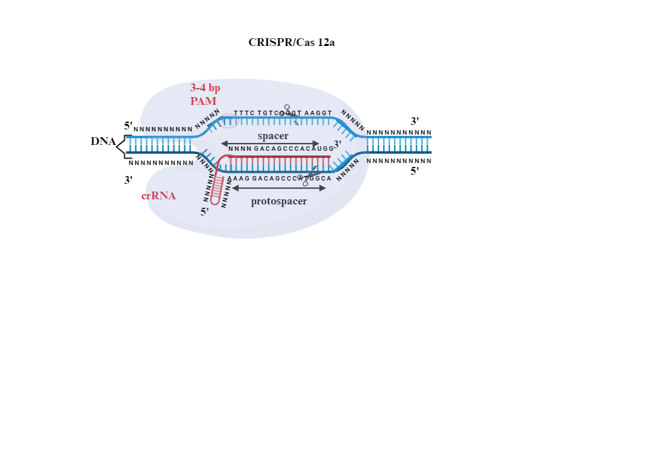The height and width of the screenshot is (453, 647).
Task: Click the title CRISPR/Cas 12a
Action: pos(291,43)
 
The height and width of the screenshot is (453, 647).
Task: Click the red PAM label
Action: pos(203,101)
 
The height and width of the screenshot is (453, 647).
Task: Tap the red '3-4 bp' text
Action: pos(205,88)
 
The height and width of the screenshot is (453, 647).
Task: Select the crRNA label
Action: pos(159,195)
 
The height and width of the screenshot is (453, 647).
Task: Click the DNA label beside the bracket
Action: pos(103,141)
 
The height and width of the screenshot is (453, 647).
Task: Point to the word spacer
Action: pos(272,136)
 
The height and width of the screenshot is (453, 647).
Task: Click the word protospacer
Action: pos(279,201)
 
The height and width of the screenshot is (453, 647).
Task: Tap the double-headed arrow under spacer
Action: pos(270,144)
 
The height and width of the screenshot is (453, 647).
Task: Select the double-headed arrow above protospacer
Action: pos(279,188)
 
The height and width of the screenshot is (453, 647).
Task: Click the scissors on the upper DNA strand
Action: pos(291,114)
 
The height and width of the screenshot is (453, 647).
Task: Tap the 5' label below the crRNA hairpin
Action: pos(204,212)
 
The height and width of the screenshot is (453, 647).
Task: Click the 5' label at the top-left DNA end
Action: pos(128,126)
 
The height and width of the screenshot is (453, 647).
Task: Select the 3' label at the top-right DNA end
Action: pos(415,121)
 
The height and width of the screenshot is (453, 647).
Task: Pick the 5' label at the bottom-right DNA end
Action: pos(415,171)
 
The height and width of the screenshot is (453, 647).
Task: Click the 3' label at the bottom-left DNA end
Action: pos(128,181)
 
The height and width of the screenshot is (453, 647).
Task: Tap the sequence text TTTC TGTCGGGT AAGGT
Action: pos(283,113)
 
